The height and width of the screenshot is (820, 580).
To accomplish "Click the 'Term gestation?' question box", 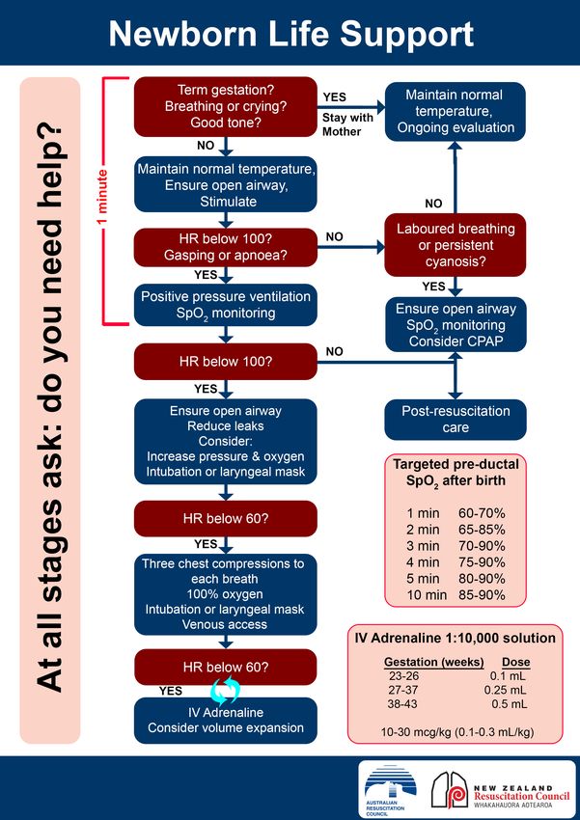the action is pyautogui.click(x=226, y=107).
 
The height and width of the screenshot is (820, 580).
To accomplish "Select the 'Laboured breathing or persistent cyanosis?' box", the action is pyautogui.click(x=455, y=244).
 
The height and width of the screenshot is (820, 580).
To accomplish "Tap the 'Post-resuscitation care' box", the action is pyautogui.click(x=455, y=420).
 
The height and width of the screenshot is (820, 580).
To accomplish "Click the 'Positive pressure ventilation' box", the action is pyautogui.click(x=226, y=304).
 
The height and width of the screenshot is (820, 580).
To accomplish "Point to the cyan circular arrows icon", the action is pyautogui.click(x=225, y=691).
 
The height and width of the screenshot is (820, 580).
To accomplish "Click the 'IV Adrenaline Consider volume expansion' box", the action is pyautogui.click(x=226, y=720).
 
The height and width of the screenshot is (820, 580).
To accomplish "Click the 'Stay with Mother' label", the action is pyautogui.click(x=347, y=124).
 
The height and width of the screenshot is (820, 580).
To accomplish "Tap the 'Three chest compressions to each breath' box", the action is pyautogui.click(x=226, y=594).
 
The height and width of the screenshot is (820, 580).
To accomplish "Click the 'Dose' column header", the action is pyautogui.click(x=515, y=662).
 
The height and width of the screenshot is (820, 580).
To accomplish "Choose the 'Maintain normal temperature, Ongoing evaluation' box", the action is pyautogui.click(x=455, y=111).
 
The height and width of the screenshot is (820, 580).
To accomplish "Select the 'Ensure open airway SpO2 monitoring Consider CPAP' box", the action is pyautogui.click(x=455, y=324).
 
